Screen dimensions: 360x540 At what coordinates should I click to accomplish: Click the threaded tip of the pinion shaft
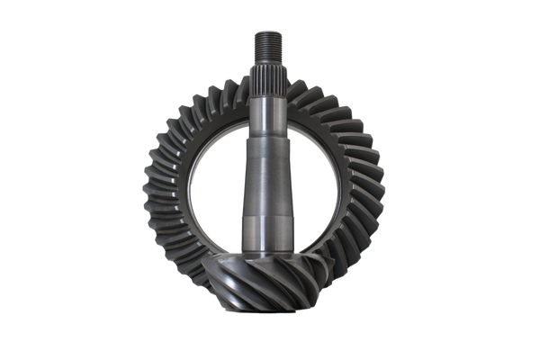pos(269,41)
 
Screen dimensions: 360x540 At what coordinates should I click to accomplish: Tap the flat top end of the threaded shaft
pos(269,29)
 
